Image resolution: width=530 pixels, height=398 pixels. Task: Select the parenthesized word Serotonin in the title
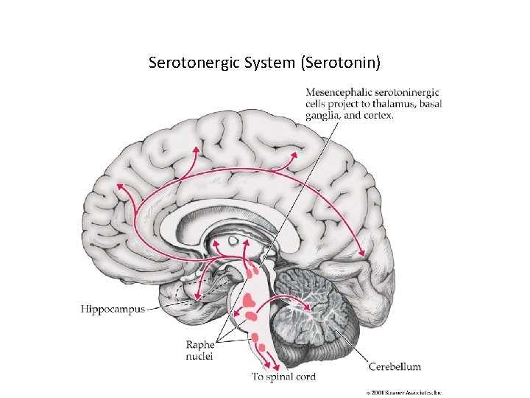(341, 63)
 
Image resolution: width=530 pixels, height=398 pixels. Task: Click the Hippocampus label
(112, 310)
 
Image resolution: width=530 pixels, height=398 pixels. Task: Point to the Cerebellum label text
(395, 366)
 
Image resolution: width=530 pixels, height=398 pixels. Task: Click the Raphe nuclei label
(199, 350)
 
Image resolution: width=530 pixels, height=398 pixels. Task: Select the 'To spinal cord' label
(283, 377)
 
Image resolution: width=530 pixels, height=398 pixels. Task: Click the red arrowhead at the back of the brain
(362, 254)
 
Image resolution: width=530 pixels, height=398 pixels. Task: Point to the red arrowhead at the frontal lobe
(116, 185)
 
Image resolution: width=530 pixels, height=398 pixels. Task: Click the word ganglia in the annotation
(322, 115)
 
